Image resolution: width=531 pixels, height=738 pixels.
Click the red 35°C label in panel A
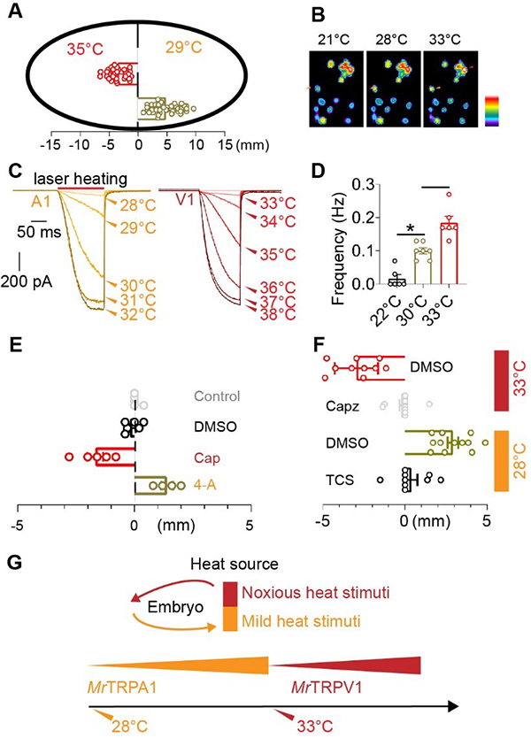click(85, 49)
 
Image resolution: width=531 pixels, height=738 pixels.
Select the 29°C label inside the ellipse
click(183, 47)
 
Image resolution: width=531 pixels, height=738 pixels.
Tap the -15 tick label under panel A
click(50, 145)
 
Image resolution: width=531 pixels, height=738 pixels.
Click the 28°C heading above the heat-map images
click(392, 39)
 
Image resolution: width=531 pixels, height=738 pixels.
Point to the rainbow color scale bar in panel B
click(491, 111)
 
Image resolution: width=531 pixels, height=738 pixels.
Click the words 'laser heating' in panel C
click(81, 179)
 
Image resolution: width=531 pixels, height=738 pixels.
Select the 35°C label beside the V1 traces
click(278, 255)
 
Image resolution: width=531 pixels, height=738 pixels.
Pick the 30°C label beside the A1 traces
click(137, 286)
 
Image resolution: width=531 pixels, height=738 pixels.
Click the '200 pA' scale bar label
click(27, 281)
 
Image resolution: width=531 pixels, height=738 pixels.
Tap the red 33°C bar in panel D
click(449, 253)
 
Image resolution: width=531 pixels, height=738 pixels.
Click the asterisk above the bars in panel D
click(411, 228)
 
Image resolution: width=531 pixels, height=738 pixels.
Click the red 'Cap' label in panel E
click(207, 458)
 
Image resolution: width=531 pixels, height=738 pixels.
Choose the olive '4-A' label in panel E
click(205, 484)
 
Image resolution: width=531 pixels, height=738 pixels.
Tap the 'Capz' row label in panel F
click(342, 406)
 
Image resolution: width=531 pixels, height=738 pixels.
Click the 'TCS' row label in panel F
click(340, 480)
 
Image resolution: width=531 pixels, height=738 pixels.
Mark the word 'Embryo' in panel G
click(175, 607)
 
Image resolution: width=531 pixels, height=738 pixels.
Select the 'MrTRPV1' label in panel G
click(327, 688)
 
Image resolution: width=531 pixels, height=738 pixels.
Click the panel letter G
click(16, 563)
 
